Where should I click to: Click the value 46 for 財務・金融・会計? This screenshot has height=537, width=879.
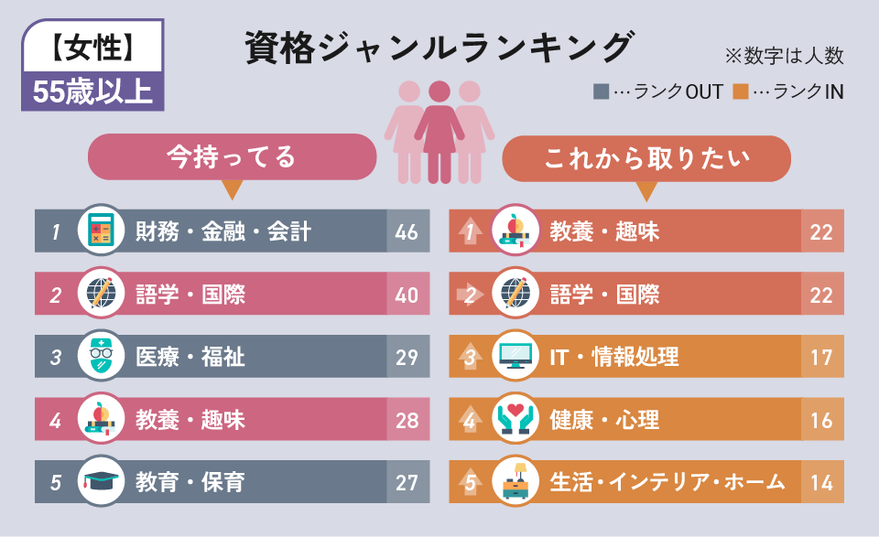[x=407, y=231]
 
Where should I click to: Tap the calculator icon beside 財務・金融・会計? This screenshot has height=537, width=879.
[x=101, y=231]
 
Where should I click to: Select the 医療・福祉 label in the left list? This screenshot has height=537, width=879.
[x=190, y=357]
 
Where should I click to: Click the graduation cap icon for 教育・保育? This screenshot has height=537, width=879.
[x=101, y=481]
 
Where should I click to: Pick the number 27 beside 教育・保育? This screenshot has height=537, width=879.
[x=407, y=482]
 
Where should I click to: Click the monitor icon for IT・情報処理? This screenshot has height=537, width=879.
[x=515, y=356]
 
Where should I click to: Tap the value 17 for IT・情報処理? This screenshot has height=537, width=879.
[x=821, y=357]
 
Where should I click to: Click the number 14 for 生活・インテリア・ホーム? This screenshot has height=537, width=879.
[x=821, y=482]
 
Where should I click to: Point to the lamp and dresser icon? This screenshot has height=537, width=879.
[x=515, y=481]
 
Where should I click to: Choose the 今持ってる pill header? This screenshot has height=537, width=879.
[x=232, y=157]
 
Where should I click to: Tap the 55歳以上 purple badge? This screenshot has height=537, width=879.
[x=92, y=91]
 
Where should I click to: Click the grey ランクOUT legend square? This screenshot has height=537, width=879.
[x=601, y=91]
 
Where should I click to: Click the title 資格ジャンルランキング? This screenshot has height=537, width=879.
[x=439, y=48]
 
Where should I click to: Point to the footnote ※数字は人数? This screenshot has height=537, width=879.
[x=784, y=56]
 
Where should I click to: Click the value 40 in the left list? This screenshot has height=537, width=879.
[x=407, y=295]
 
